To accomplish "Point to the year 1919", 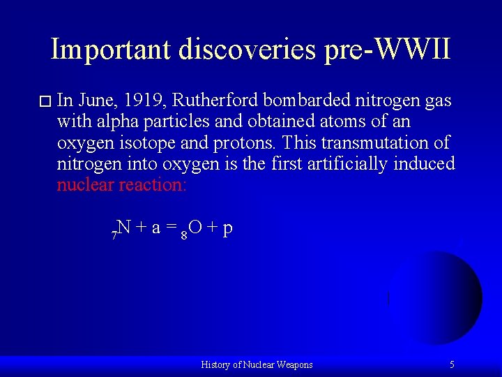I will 150,101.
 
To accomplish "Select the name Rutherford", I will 217,101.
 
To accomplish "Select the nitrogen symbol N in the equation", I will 124,228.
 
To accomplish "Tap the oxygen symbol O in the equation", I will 196,228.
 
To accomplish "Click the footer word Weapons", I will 294,364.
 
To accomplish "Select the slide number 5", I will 452,364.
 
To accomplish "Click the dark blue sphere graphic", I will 439,297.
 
